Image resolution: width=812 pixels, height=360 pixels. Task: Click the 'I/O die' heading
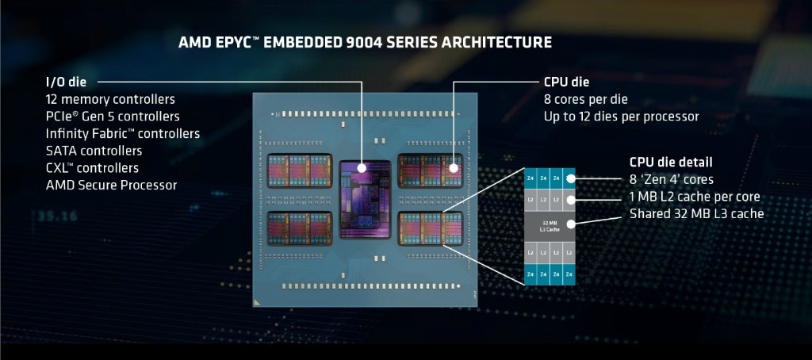[66, 81]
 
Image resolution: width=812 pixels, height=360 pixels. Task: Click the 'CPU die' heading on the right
[566, 82]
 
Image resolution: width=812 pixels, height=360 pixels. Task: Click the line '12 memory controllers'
[110, 99]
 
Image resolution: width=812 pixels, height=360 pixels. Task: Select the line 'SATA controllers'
[94, 151]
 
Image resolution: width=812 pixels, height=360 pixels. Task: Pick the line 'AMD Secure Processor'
[111, 185]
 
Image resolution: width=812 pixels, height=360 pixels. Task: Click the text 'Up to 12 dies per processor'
[621, 117]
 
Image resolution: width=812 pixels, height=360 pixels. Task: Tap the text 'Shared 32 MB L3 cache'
[696, 214]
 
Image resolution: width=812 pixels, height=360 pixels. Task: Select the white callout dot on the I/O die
[362, 168]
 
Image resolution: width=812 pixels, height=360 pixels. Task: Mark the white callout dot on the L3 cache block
[570, 224]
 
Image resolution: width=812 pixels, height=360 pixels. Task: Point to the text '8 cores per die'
[585, 99]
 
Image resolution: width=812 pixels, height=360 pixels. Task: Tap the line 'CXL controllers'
[92, 168]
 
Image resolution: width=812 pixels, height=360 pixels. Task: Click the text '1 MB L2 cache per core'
[695, 197]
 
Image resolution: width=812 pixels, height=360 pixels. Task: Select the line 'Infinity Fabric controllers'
[123, 133]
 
